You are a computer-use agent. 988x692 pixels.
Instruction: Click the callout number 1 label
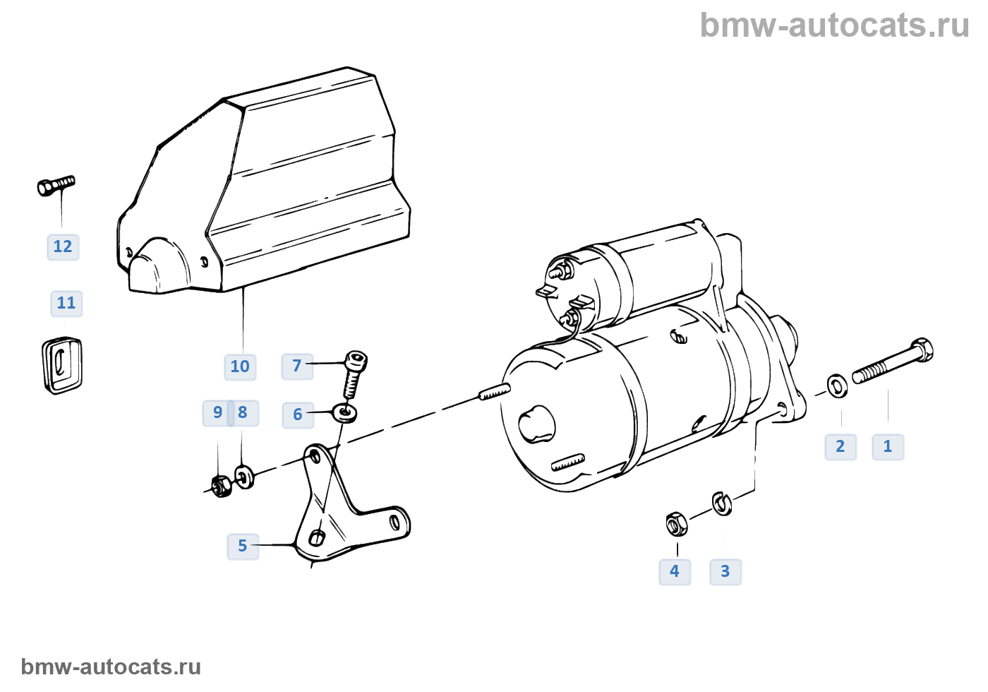point(888,447)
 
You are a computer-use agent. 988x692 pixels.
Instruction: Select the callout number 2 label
point(841,447)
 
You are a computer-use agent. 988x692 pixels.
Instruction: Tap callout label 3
point(725,571)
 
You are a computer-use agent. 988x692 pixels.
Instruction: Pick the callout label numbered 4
point(675,571)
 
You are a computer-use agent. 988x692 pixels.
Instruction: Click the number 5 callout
point(243,546)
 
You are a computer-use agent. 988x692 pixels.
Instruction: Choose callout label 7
point(297,366)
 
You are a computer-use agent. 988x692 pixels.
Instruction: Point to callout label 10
point(240,366)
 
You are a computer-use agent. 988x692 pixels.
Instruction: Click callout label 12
point(63,247)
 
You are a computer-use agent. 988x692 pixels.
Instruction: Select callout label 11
point(66,304)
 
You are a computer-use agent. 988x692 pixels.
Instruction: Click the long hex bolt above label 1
point(893,362)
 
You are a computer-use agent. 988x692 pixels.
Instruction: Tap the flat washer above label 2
point(838,386)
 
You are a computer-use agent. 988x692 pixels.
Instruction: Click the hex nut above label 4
point(676,524)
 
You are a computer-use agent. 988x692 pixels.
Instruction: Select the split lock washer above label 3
point(722,503)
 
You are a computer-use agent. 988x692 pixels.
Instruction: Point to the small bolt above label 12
point(56,186)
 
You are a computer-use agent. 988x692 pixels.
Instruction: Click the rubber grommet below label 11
point(62,365)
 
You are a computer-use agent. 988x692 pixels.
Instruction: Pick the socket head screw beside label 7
point(355,374)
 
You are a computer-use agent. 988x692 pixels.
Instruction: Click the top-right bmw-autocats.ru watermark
point(834,25)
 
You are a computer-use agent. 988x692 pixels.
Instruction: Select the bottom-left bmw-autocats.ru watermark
point(111,667)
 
